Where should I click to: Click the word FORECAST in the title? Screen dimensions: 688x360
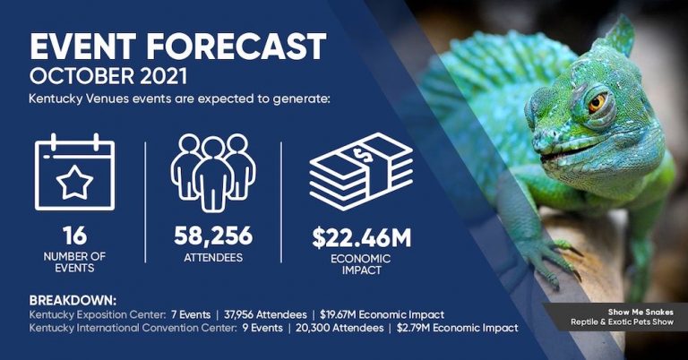[x=236, y=46]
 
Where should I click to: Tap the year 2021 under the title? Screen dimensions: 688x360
[x=163, y=76]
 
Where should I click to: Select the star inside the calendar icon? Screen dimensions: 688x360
[x=75, y=182]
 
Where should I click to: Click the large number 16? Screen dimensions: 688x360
[x=75, y=236]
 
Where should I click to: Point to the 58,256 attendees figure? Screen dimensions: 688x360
[x=213, y=236]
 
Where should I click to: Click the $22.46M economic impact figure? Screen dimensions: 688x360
[x=362, y=238]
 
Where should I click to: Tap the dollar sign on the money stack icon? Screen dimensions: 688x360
[x=363, y=154]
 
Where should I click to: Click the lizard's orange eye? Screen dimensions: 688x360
[x=597, y=103]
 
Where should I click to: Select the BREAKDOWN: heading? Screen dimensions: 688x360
[x=73, y=301]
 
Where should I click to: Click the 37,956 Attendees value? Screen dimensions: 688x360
[x=265, y=315]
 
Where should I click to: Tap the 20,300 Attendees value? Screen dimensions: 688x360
[x=340, y=328]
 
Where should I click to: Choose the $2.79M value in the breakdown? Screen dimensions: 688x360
[x=413, y=328]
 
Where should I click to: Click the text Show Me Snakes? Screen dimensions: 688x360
[x=641, y=313]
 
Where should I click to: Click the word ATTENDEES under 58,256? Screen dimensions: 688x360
[x=213, y=258]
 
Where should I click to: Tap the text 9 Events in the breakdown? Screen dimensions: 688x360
[x=262, y=328]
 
